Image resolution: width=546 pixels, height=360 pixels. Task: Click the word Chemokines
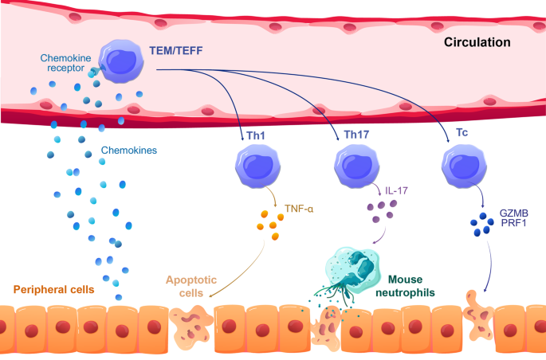click(x=127, y=150)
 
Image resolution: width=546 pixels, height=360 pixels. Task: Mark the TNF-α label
click(x=299, y=209)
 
